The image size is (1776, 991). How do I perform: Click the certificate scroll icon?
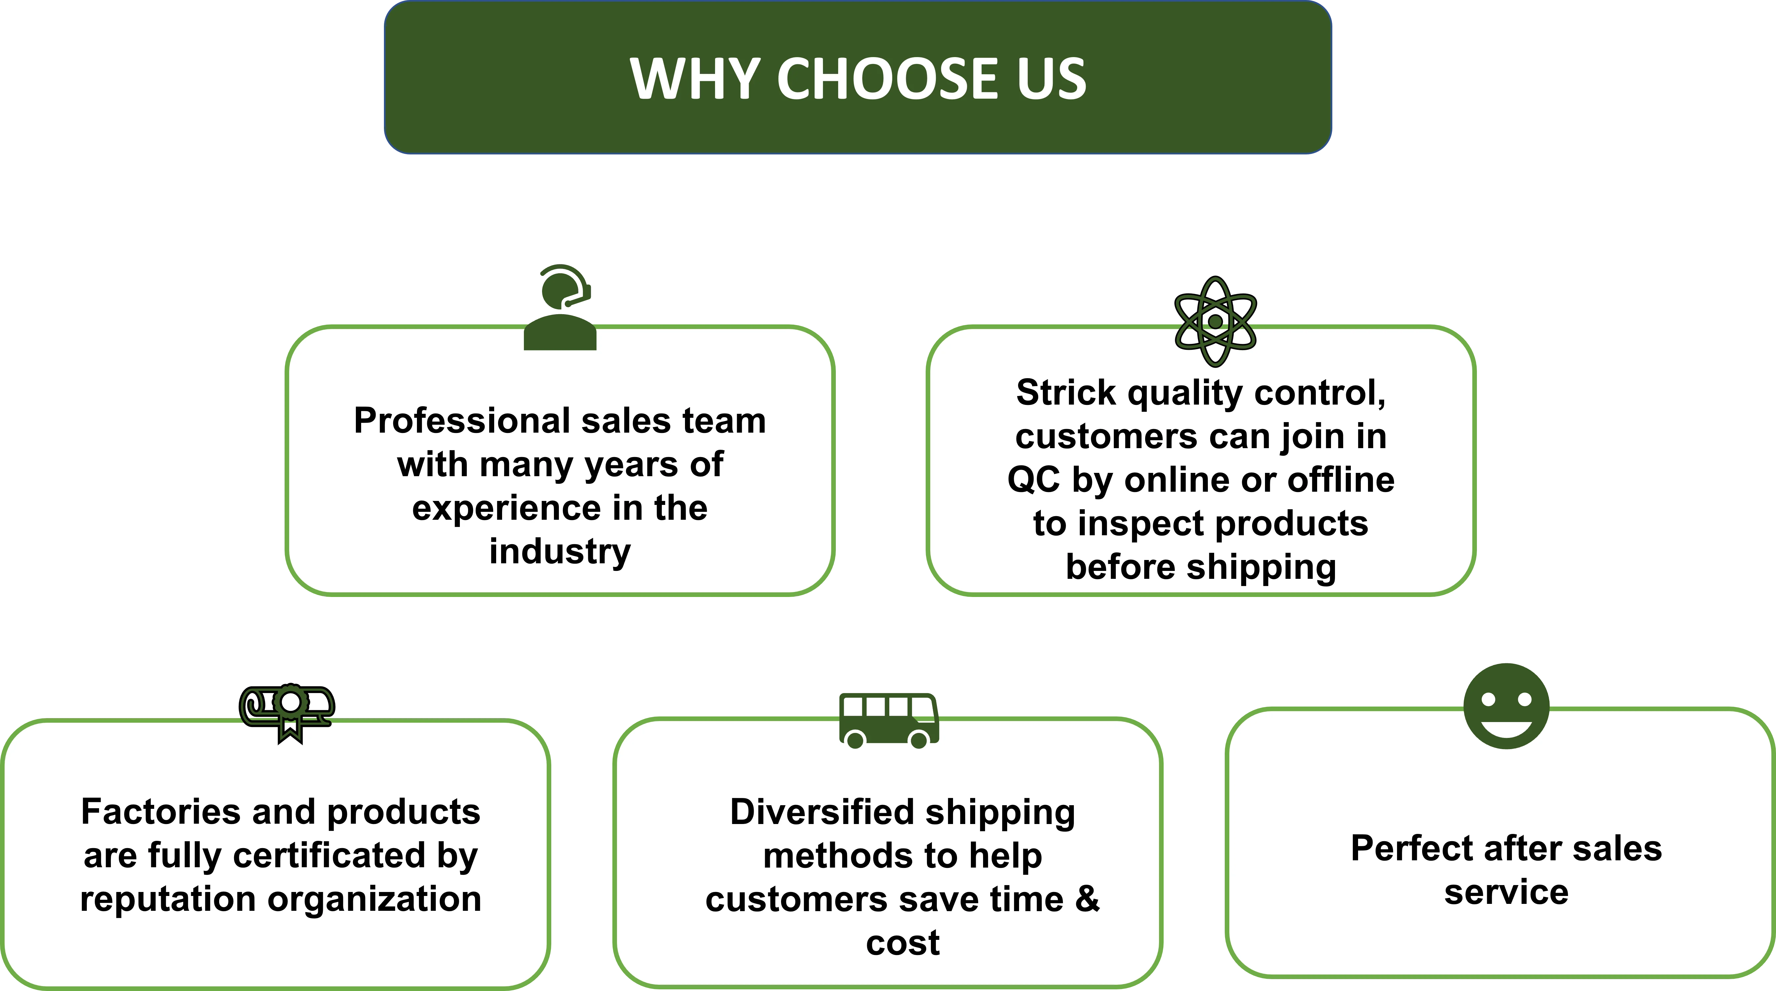(287, 710)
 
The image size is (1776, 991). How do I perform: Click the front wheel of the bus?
(919, 740)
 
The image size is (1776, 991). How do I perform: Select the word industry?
(560, 551)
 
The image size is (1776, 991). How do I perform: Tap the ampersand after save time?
(1087, 899)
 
